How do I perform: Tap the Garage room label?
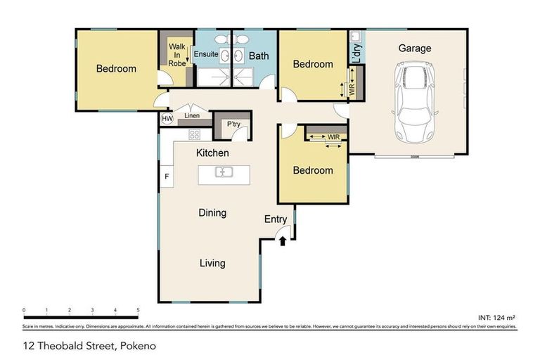[x=415, y=49]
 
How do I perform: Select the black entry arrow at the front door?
[x=283, y=241]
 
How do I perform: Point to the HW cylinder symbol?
[x=167, y=119]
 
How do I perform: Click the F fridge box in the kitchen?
[x=167, y=176]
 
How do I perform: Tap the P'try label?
[x=233, y=124]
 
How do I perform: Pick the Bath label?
[x=259, y=55]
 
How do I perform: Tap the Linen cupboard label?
[x=192, y=116]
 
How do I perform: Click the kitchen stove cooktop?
[x=194, y=134]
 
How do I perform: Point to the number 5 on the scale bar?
[x=138, y=310]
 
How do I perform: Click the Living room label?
[x=212, y=263]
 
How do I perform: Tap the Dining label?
[x=212, y=213]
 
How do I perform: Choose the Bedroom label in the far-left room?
[x=116, y=69]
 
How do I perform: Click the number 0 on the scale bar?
[x=24, y=310]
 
